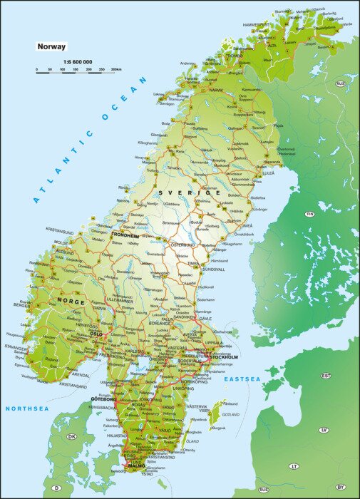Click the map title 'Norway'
tap(51, 47)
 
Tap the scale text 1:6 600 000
tap(77, 62)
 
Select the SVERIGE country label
tap(190, 193)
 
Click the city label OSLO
tap(96, 333)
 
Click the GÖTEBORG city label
tap(103, 398)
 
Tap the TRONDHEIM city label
tap(125, 235)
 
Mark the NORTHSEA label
tap(27, 408)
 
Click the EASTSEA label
tap(242, 379)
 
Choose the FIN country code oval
tap(309, 214)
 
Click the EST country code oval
tap(326, 375)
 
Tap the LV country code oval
tap(324, 430)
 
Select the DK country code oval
tap(71, 436)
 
